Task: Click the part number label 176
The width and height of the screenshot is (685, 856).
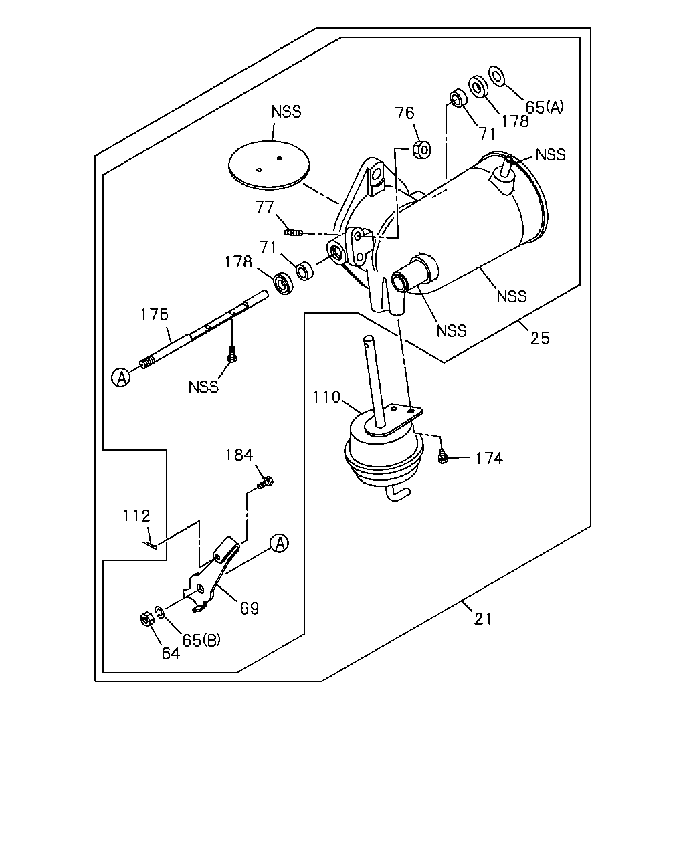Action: click(x=155, y=314)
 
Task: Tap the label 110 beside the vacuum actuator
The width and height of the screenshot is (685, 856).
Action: click(x=326, y=397)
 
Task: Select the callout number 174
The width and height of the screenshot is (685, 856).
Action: click(x=489, y=459)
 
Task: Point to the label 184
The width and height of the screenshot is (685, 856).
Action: click(x=239, y=455)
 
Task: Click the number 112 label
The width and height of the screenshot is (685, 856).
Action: click(x=136, y=516)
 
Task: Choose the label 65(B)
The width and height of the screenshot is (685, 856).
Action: click(x=201, y=639)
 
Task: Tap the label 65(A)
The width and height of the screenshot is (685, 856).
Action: click(x=545, y=107)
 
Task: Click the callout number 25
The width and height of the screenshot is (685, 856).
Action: click(x=540, y=338)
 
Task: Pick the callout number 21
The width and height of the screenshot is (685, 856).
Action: click(x=483, y=619)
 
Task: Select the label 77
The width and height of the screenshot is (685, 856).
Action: click(x=265, y=207)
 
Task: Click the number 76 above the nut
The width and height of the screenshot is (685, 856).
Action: click(x=405, y=114)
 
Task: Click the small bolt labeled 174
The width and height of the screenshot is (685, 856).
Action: click(x=442, y=457)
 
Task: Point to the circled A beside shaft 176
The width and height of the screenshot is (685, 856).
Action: click(x=121, y=377)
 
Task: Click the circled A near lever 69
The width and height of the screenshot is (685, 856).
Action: click(x=279, y=543)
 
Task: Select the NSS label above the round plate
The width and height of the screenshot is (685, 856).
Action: click(x=286, y=112)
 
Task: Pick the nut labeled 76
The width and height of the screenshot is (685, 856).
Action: click(x=421, y=150)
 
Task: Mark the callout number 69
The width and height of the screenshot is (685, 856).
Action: click(x=250, y=608)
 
